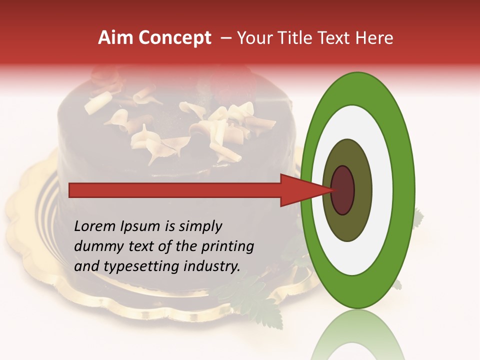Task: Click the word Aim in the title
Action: coord(115,38)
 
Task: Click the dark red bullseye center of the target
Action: coord(343,190)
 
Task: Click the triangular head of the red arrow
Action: coord(300,190)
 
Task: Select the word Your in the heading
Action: coord(253,38)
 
